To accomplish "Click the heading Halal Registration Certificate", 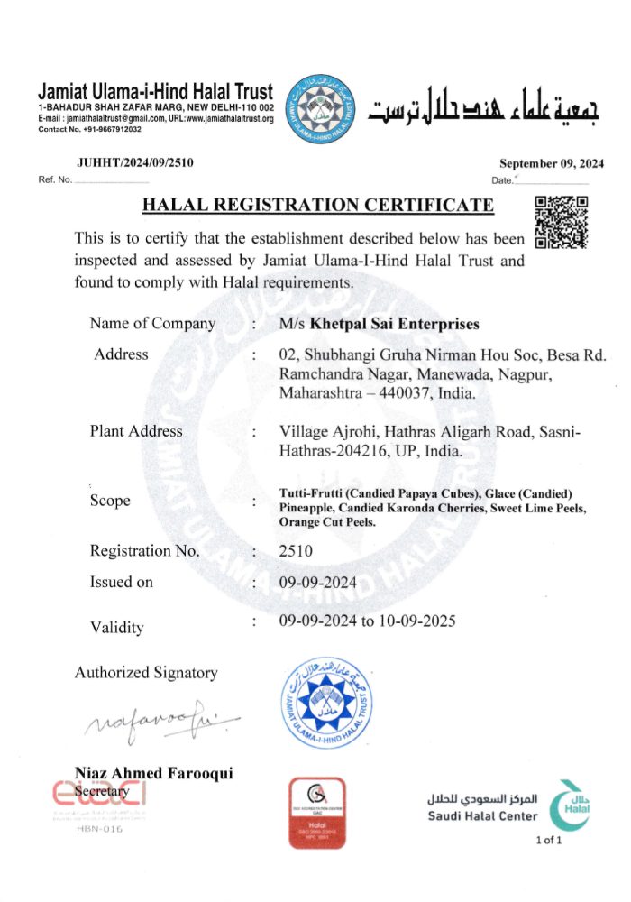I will [318, 206].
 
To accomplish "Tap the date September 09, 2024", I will [552, 163].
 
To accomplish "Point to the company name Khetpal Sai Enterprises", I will [395, 324].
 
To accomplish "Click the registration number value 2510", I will [295, 550].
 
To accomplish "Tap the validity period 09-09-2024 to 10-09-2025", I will [367, 621].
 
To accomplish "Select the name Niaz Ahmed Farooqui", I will [154, 772].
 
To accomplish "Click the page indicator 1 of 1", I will [548, 842].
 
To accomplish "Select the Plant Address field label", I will [136, 431].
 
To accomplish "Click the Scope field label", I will [110, 501].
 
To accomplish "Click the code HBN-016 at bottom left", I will [99, 829].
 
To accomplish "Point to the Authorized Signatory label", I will [146, 672].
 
